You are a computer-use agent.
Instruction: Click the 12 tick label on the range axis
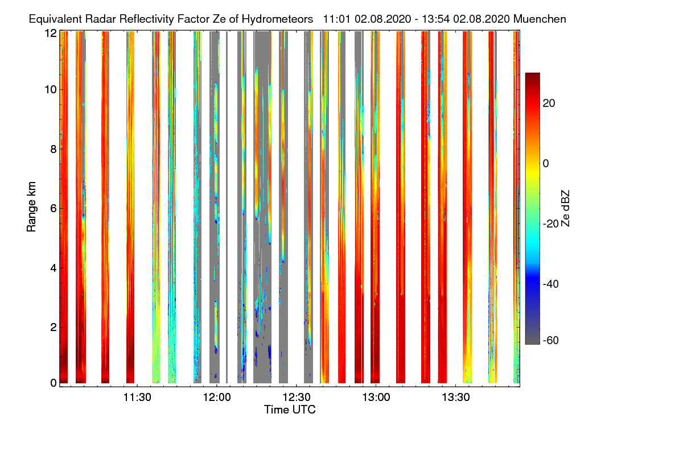[51, 33]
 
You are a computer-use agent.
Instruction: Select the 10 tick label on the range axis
[51, 90]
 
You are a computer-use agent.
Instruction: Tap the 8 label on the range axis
[54, 150]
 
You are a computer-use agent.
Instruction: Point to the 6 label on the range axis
[54, 209]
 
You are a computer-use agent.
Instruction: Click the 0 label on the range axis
[54, 383]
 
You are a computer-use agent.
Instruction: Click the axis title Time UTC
[290, 410]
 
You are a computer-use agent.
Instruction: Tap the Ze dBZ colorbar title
[565, 208]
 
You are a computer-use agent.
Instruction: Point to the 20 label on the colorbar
[549, 103]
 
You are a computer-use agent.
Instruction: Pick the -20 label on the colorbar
[551, 224]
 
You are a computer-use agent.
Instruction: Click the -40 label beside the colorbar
[551, 284]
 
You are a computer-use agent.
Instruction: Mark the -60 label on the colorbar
[551, 341]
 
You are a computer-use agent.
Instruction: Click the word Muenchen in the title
[540, 19]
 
